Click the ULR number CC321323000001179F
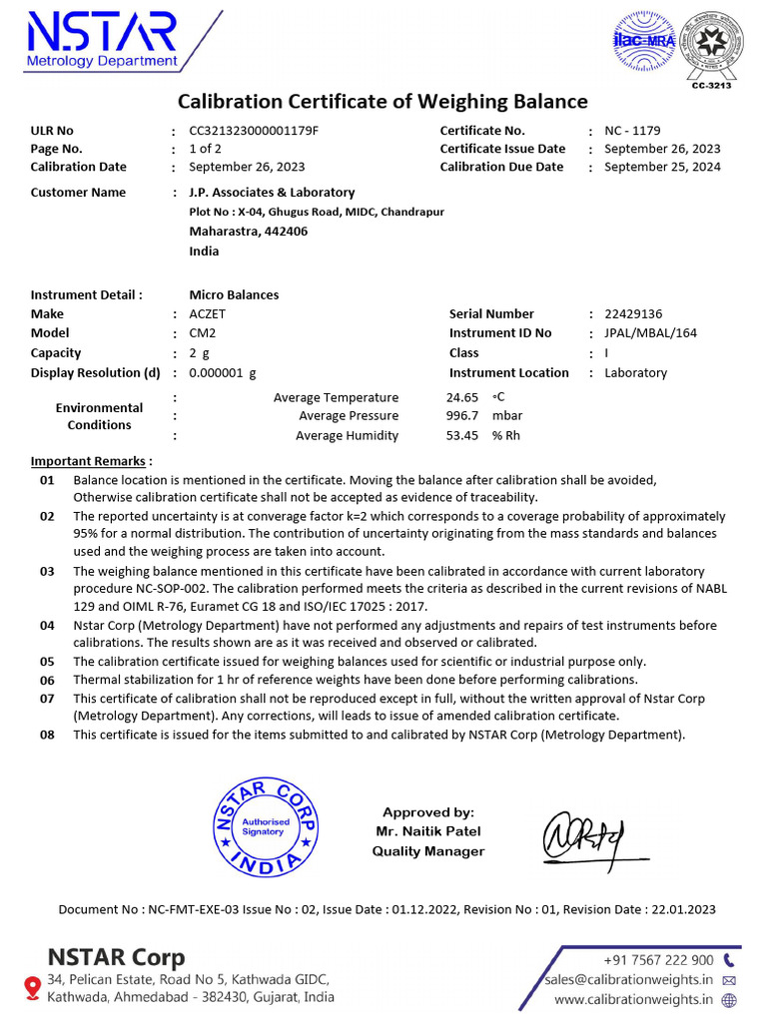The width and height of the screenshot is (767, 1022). [254, 131]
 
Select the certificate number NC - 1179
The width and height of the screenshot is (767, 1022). [632, 131]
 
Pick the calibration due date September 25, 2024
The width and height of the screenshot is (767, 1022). [662, 167]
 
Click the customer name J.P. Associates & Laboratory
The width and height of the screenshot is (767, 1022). [272, 192]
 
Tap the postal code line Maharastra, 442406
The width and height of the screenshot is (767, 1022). [248, 231]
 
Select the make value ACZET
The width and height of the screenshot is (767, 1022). [208, 313]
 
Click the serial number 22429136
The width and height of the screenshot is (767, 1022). [633, 313]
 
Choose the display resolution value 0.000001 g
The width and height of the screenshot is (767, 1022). [223, 372]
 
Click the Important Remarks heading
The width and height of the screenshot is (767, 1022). [91, 461]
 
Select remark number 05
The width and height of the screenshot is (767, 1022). [47, 661]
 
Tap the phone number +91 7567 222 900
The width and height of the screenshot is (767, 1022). [658, 960]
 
